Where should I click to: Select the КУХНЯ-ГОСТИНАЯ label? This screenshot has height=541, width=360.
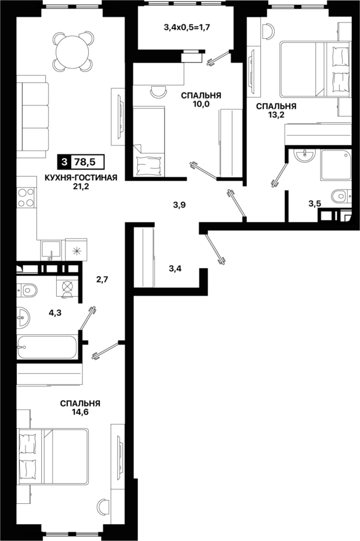point(81,178)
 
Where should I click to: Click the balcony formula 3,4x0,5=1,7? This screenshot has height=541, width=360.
point(187,27)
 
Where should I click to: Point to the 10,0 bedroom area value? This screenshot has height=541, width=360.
point(201,104)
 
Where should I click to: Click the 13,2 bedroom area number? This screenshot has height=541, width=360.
point(276,115)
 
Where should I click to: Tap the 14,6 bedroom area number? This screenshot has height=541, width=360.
point(80,412)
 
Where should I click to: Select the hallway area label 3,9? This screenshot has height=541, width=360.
point(180,205)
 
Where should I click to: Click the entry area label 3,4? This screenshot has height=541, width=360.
point(175,268)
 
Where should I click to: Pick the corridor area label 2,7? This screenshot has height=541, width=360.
point(102,279)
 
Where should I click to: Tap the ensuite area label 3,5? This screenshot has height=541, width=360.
point(315,203)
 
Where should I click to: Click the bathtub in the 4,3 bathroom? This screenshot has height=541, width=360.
point(46,347)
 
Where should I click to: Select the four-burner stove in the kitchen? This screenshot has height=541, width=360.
point(26,198)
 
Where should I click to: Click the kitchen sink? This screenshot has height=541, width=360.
point(50,250)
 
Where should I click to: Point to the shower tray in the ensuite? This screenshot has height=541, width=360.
point(336,165)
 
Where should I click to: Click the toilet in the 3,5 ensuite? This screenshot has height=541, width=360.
point(341,197)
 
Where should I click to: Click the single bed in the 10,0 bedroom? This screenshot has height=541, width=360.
point(149,142)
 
